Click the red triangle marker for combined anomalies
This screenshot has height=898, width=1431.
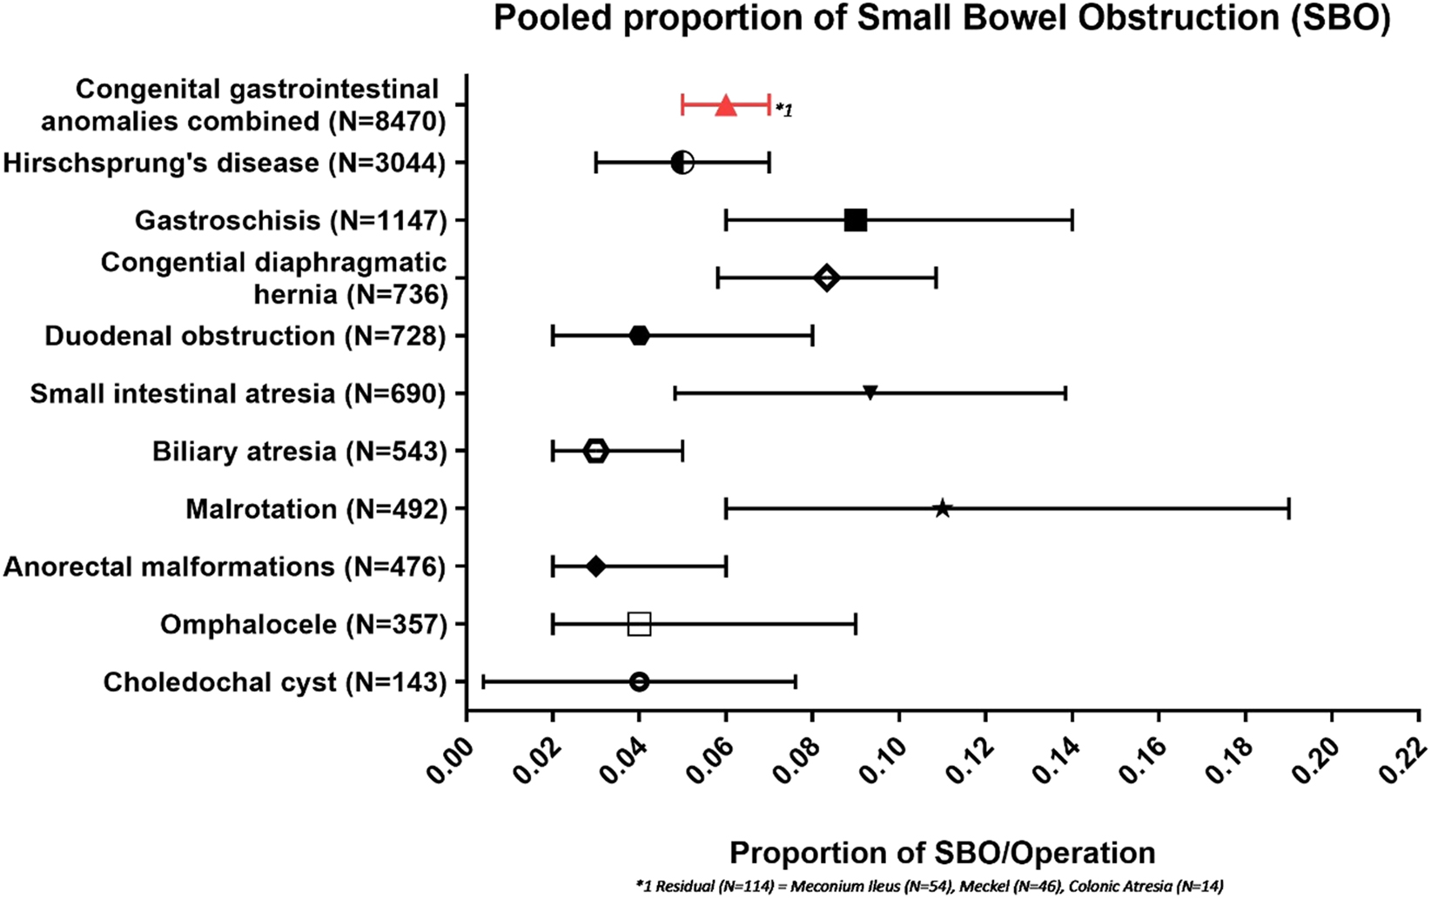click(x=726, y=106)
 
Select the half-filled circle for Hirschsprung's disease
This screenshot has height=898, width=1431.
click(x=682, y=163)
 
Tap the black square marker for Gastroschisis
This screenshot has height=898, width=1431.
click(x=856, y=221)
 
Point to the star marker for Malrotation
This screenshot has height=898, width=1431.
click(x=942, y=509)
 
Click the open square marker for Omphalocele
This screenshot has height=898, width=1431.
click(x=639, y=625)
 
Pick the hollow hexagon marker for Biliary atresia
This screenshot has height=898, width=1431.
click(x=595, y=452)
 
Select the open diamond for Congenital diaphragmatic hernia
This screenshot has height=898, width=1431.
click(x=826, y=278)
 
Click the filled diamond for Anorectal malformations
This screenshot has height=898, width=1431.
click(x=595, y=567)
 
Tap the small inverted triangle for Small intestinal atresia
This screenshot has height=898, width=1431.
click(x=870, y=393)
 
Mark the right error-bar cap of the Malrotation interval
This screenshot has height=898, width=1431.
click(x=1288, y=509)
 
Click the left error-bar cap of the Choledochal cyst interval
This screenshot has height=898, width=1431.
click(x=483, y=682)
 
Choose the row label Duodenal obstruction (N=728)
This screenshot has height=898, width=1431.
click(x=245, y=336)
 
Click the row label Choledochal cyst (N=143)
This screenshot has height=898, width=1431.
click(x=274, y=682)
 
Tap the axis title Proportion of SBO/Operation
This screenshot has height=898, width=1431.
click(x=942, y=853)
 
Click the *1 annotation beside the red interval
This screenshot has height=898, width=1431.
click(x=783, y=111)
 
